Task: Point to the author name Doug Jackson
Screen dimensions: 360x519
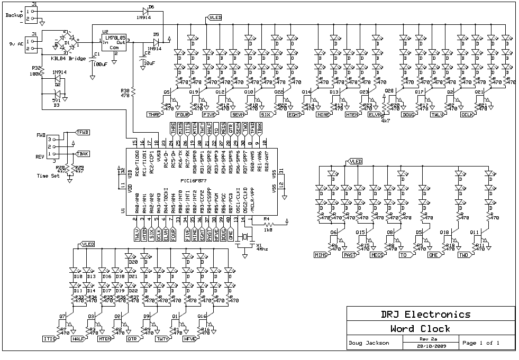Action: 369,343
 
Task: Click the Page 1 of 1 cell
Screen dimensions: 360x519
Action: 481,343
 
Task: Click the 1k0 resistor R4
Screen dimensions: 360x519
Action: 268,223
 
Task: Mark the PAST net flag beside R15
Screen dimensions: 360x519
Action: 349,255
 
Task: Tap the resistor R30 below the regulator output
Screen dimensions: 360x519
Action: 133,93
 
